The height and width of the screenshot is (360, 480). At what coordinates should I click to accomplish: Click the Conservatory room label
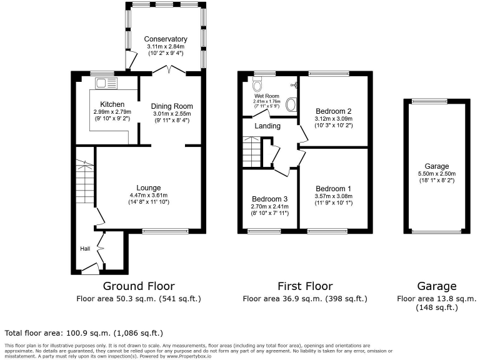point(165,39)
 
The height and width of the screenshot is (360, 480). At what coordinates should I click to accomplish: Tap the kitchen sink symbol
point(102,82)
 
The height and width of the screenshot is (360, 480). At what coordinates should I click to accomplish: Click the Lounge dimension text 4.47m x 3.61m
point(149,195)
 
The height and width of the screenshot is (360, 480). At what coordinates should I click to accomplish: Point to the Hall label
point(85,249)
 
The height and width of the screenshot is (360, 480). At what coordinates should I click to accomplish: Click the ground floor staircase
point(84,181)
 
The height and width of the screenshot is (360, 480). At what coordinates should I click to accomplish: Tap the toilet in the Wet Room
point(261,84)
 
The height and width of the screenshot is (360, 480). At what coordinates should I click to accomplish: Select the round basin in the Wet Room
point(291,105)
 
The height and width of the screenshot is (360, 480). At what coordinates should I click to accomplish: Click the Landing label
point(267,126)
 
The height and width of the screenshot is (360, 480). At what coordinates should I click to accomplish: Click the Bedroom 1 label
point(332,189)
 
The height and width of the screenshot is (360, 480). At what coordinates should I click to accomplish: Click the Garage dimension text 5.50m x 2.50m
point(437,174)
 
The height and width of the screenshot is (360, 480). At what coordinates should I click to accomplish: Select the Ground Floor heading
point(138,286)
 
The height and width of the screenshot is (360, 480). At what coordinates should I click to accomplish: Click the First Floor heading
point(305,286)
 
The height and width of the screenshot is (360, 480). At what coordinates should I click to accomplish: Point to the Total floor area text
point(84,333)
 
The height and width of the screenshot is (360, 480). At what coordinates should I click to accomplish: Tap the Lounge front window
point(165,231)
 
